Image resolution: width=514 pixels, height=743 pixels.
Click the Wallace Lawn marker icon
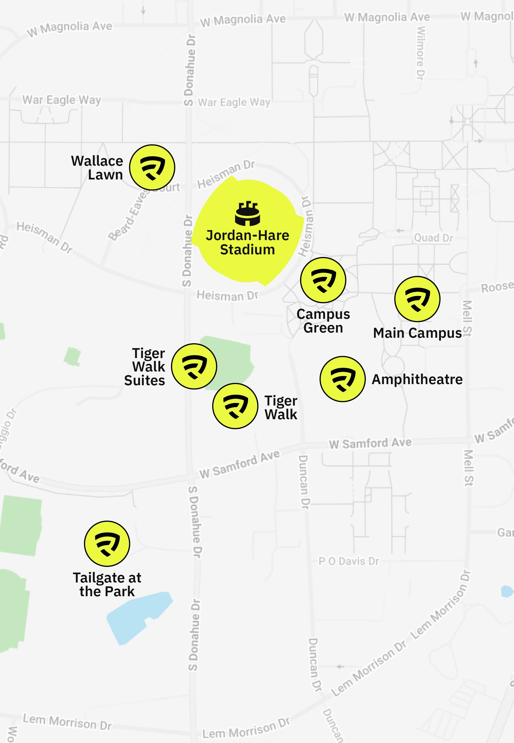(152, 167)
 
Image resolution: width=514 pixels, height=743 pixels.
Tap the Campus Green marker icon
(323, 280)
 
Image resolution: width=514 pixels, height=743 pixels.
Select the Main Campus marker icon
(417, 299)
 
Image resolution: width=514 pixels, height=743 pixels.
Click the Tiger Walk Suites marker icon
(194, 366)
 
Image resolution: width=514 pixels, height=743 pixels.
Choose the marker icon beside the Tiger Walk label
(235, 406)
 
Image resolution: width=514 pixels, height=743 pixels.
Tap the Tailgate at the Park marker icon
(107, 544)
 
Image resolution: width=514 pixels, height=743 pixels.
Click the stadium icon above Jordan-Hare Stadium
(247, 213)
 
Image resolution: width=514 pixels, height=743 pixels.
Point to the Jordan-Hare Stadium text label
(247, 242)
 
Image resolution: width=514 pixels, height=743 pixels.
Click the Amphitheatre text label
(417, 379)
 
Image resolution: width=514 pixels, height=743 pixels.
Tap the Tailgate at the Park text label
(107, 584)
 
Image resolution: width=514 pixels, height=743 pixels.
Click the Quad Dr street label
(433, 238)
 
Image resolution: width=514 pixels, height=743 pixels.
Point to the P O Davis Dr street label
(348, 561)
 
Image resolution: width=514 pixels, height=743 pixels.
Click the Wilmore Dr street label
(421, 53)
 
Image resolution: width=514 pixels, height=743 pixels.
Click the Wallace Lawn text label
(97, 168)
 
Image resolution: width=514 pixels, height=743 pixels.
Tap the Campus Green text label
(323, 321)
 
